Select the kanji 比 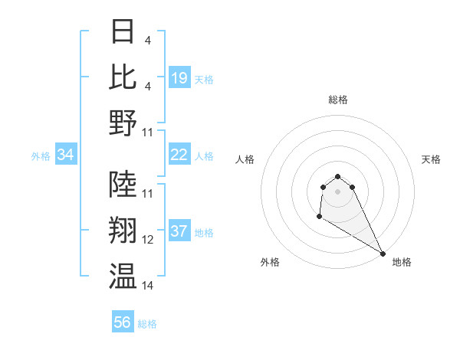123,77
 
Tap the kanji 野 123,123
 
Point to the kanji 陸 123,184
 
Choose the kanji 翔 123,231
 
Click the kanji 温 123,277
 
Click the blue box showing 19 179,77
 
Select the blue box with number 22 179,155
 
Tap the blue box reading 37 179,232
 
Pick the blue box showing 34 66,155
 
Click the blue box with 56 123,322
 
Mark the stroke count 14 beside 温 148,286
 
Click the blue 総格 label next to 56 147,324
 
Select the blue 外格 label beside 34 41,156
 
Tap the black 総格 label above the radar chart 338,100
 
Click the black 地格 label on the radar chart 402,263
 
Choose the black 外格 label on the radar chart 270,263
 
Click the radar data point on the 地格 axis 383,254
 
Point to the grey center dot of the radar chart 338,191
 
